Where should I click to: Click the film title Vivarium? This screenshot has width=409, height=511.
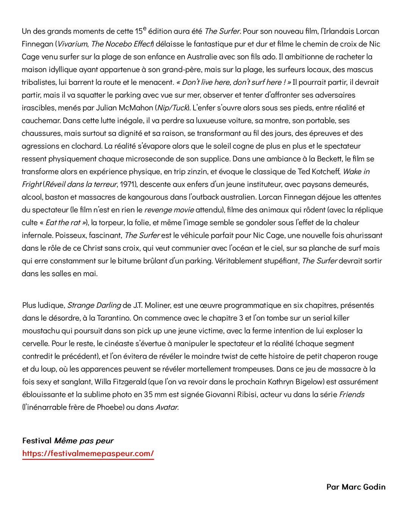(72, 44)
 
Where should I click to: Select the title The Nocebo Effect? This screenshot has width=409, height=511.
(122, 44)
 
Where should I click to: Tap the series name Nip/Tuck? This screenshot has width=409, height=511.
(172, 108)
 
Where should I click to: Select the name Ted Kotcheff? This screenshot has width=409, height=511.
(319, 171)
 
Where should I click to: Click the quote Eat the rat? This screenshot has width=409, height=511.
(64, 223)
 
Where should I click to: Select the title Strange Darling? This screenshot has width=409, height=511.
(94, 305)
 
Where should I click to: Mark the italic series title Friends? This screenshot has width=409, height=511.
(352, 395)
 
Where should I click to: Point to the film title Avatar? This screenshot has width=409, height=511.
(167, 407)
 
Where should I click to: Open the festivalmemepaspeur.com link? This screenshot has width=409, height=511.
(88, 453)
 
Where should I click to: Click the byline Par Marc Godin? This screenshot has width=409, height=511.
(356, 487)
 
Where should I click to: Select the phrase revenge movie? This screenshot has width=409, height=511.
(169, 210)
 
